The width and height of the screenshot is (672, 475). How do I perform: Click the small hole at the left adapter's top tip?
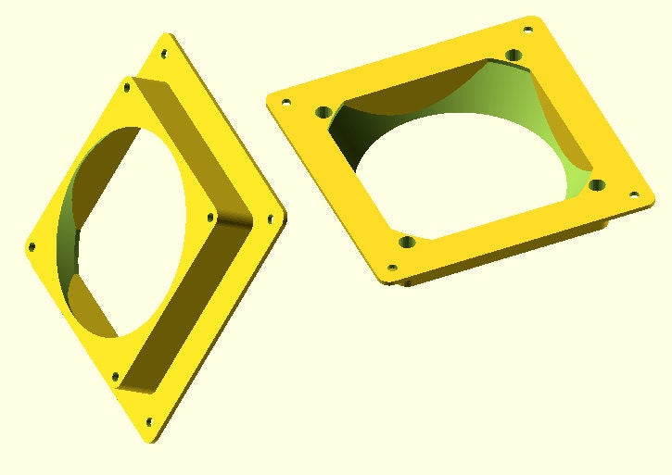coord(165,54)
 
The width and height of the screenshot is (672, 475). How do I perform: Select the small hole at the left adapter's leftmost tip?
coord(32,247)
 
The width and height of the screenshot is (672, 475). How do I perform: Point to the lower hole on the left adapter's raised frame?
coord(115,376)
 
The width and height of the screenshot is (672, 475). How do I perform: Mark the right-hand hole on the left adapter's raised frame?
coord(211,220)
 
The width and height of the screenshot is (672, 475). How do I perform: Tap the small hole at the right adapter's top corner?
coord(527,30)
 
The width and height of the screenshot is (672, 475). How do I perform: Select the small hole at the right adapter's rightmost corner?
coord(634,195)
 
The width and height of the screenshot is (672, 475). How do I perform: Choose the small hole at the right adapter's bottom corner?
coord(392,269)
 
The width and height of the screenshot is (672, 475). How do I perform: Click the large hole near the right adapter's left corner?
coord(323,112)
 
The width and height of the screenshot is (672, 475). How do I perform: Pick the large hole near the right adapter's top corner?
coord(513,55)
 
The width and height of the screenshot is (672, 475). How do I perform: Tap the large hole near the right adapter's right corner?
coord(597,185)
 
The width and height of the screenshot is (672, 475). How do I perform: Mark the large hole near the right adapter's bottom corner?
coord(407,244)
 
